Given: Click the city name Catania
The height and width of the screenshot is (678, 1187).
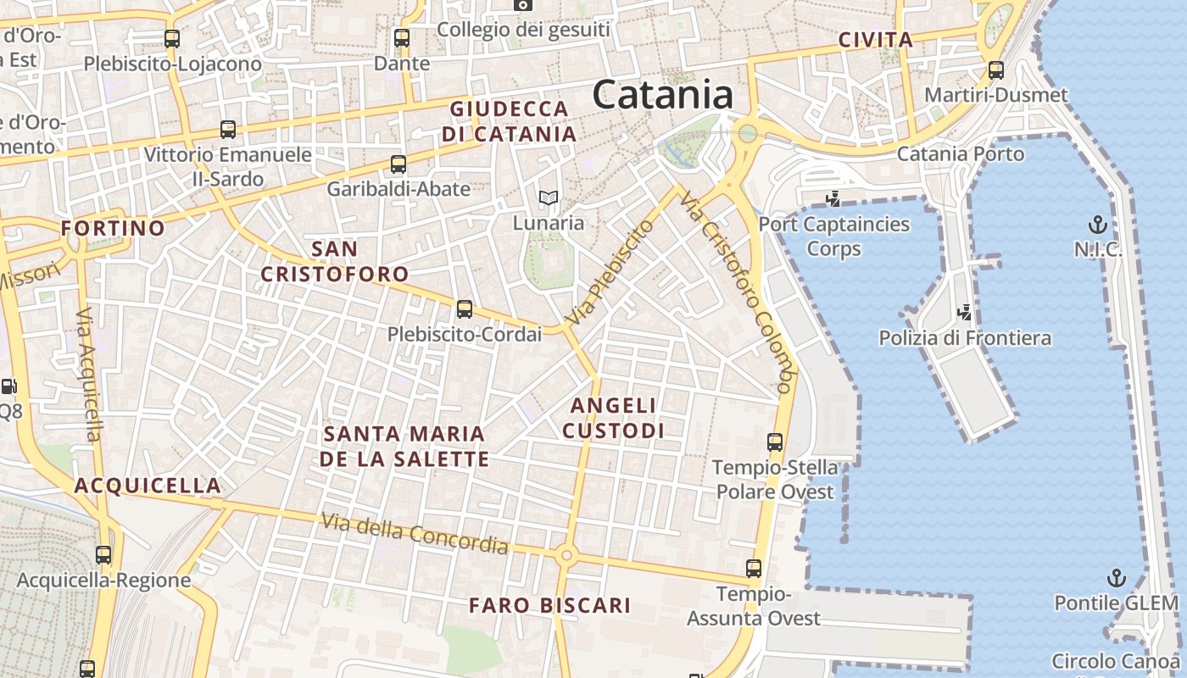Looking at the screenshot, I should tap(662, 94).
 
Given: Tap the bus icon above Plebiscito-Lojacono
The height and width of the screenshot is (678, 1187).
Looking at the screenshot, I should tap(172, 38).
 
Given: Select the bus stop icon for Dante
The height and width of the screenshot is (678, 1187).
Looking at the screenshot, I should tap(402, 38).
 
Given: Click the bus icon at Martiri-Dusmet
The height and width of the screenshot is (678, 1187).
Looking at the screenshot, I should tap(996, 70).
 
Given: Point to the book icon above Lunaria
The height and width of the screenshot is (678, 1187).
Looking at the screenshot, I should tap(549, 198).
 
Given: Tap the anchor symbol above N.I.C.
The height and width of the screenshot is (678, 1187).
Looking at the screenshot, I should tap(1098, 225).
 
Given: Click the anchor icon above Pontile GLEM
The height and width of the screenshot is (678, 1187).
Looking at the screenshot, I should tap(1117, 579).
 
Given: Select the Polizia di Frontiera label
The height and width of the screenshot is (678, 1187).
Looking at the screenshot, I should tap(965, 338).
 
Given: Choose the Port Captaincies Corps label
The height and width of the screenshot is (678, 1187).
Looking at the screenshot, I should tap(834, 236).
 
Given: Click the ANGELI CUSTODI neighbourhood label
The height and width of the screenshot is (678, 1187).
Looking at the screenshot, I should tap(613, 418).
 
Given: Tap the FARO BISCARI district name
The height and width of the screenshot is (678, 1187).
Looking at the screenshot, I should tap(550, 605).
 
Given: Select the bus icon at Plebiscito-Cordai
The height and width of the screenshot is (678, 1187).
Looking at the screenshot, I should tap(464, 309).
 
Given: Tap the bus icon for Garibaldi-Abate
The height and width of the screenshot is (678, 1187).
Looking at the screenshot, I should tap(398, 164).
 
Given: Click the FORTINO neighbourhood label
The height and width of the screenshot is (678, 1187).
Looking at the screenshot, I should tap(113, 228).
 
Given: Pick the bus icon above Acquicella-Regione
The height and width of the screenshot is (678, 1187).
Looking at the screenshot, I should tap(103, 556).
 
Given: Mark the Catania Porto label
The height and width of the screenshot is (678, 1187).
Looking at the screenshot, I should tap(961, 154).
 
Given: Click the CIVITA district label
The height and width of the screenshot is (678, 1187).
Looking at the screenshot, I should tap(876, 40).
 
